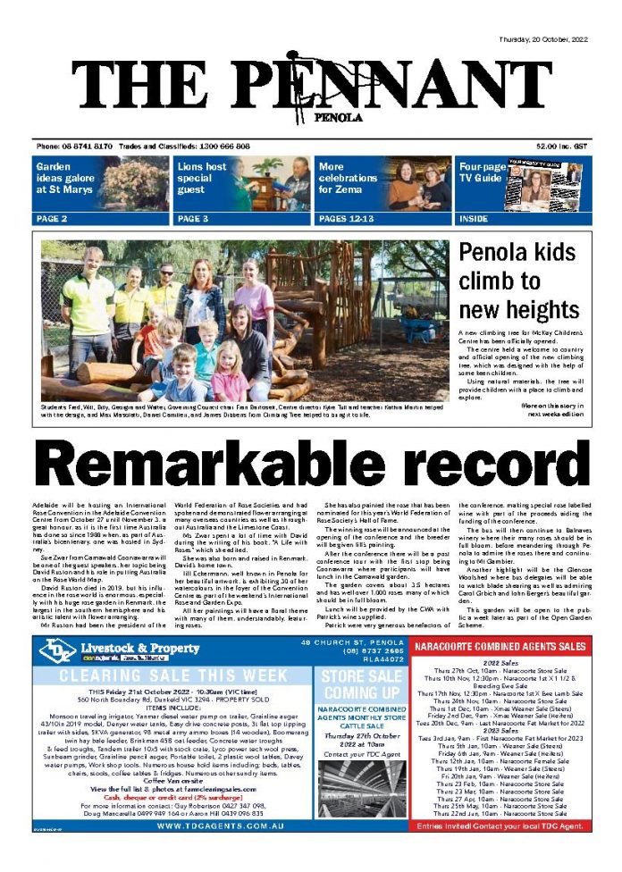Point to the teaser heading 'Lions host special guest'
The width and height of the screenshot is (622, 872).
202,178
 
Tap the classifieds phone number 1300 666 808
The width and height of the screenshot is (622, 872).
218,146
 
